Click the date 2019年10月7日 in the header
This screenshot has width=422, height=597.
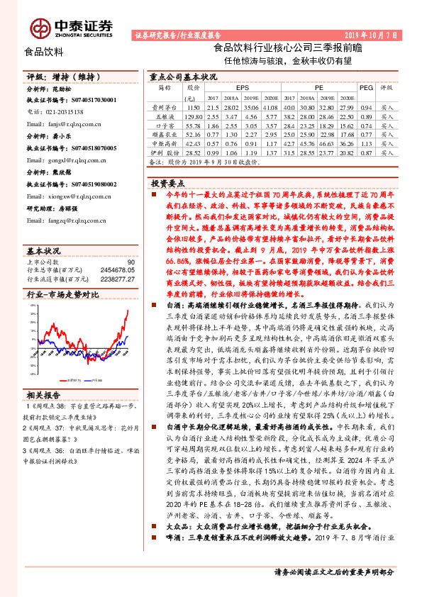(x=374, y=34)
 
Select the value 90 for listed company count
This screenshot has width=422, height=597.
(x=130, y=262)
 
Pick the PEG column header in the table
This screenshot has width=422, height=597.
(x=366, y=87)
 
